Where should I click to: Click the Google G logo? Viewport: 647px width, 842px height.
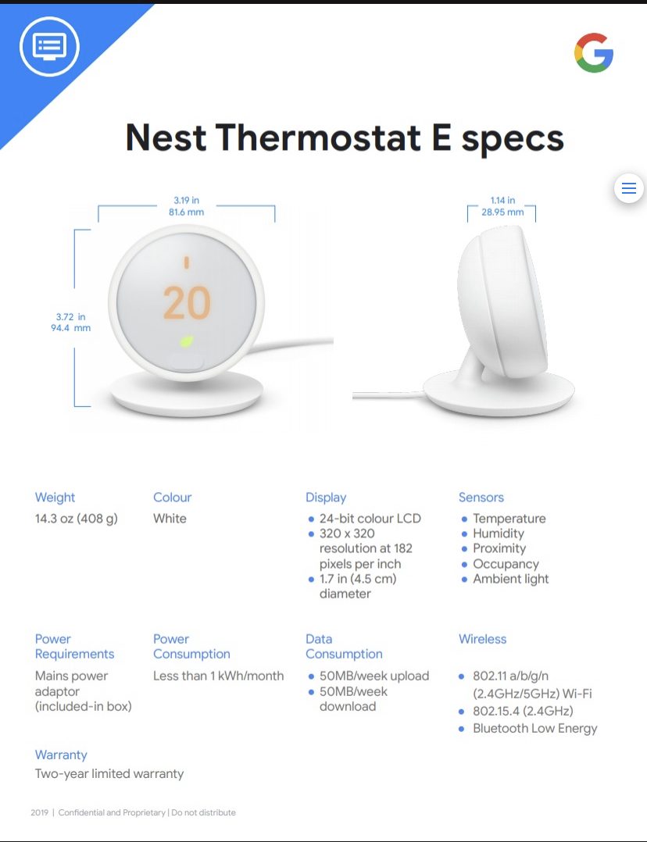point(594,52)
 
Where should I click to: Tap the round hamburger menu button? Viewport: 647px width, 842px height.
point(629,188)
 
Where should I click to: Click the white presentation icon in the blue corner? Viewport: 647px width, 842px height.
point(49,46)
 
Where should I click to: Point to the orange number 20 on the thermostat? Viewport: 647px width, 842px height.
point(187,303)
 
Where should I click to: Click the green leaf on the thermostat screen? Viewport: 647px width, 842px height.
point(187,341)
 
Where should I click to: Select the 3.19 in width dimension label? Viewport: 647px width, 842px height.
point(187,200)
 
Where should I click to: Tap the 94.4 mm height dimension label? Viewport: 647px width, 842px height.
point(71,328)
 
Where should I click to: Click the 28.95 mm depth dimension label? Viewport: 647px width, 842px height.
point(502,212)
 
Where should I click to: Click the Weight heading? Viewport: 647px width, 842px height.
point(55,498)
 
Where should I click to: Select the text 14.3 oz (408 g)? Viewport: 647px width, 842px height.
point(77,519)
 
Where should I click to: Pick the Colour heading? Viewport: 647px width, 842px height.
point(172,498)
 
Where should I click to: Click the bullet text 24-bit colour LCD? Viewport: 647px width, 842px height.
point(370,519)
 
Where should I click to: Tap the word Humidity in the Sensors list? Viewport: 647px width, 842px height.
point(499,533)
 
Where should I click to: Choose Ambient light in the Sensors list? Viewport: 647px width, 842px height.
point(510,579)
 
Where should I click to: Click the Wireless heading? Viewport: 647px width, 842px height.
point(483,639)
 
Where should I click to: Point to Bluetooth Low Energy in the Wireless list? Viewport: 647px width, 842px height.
point(535,729)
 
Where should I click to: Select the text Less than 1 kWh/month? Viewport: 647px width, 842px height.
point(218,676)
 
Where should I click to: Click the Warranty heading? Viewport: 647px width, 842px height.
point(61,755)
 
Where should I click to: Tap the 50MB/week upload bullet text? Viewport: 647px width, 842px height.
point(374,676)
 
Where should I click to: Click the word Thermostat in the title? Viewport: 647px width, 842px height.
point(318,137)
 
